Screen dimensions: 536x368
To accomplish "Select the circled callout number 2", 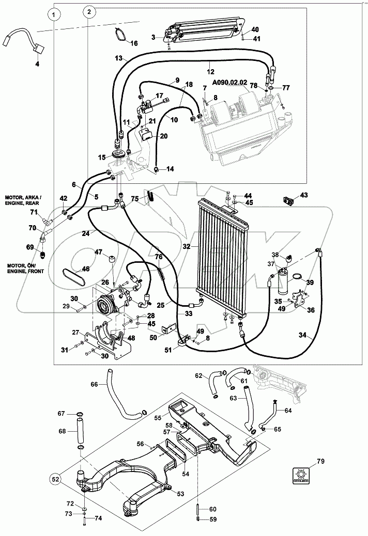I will pos(89,11).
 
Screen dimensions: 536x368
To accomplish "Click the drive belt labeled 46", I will pos(72,278).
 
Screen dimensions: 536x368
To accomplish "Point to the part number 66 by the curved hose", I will pos(94,384).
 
